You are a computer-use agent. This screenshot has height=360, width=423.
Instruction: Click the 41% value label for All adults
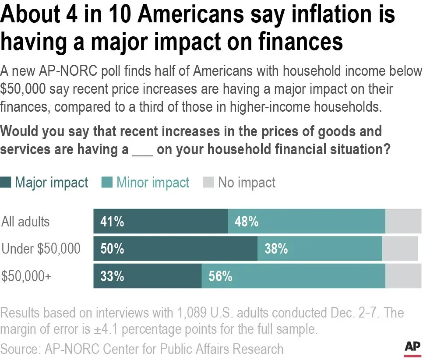pyautogui.click(x=112, y=222)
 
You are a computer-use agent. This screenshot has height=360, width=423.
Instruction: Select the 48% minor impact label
pyautogui.click(x=247, y=222)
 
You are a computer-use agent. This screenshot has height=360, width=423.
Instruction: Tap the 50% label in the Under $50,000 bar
pyautogui.click(x=112, y=249)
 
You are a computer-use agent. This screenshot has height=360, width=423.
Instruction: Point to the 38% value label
pyautogui.click(x=276, y=249)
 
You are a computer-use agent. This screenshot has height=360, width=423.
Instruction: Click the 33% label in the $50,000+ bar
pyautogui.click(x=112, y=276)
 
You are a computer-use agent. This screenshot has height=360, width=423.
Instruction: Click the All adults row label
pyautogui.click(x=26, y=222)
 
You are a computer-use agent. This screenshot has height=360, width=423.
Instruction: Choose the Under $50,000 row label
pyautogui.click(x=41, y=249)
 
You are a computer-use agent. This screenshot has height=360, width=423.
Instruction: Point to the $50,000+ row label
pyautogui.click(x=27, y=276)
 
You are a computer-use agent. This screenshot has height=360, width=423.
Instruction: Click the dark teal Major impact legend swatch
pyautogui.click(x=6, y=183)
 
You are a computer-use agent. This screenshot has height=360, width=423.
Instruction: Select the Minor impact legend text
pyautogui.click(x=153, y=183)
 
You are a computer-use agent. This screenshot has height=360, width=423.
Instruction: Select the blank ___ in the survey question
pyautogui.click(x=142, y=149)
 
